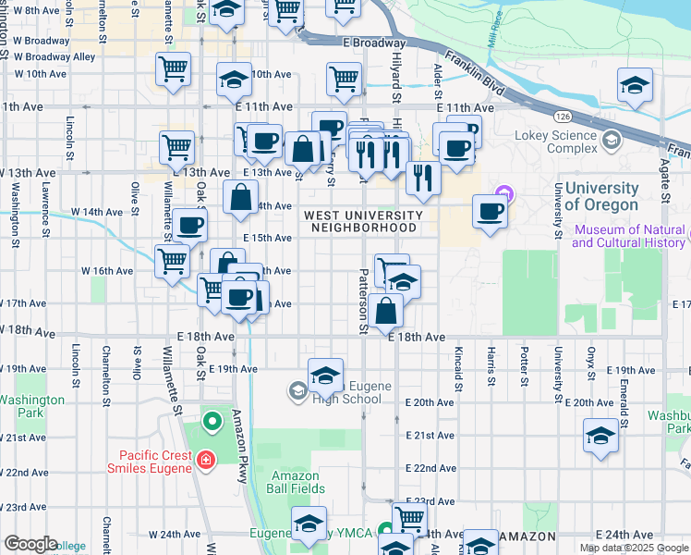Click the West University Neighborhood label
[x=363, y=221]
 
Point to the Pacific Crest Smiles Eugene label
[x=154, y=461]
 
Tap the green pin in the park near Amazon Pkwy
[x=212, y=423]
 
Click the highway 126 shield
[x=562, y=117]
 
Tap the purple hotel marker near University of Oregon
[x=503, y=196]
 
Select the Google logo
[x=30, y=544]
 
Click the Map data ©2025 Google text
[x=633, y=548]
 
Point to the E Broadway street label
[x=373, y=43]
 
